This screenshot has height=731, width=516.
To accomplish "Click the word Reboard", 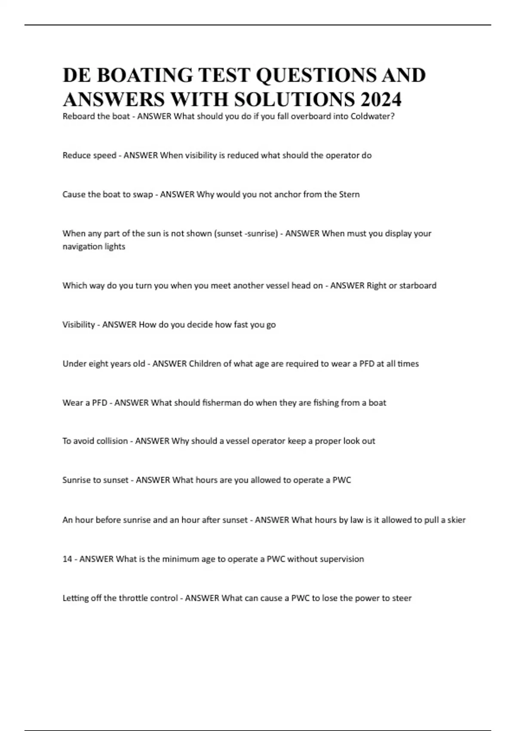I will click(78, 116).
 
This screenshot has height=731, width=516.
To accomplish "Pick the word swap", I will click(143, 194).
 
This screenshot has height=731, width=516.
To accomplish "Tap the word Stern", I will click(349, 194).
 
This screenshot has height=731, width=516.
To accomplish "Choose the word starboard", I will click(418, 286).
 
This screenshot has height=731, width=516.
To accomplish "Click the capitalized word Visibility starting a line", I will click(78, 325).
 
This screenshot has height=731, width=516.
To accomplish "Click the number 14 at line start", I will click(67, 559).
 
